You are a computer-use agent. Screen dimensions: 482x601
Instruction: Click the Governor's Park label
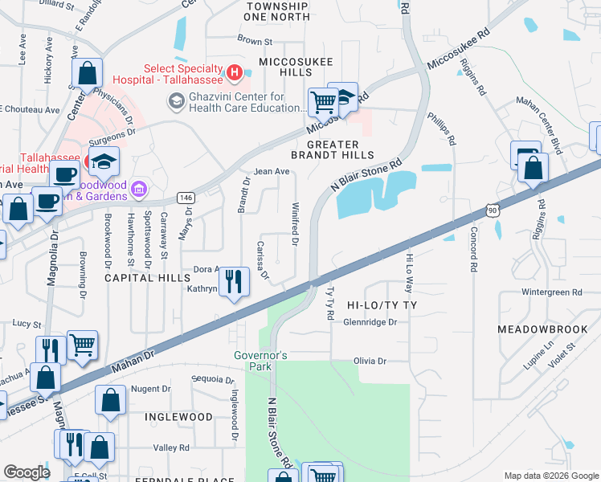coord(260,361)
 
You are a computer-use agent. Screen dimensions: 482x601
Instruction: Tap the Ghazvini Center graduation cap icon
coord(175,101)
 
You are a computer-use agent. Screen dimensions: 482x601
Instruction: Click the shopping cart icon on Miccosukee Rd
coord(323,102)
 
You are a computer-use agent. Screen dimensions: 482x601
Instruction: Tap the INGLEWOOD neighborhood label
coord(178,417)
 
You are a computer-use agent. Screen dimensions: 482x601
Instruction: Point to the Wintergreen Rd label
coord(551,292)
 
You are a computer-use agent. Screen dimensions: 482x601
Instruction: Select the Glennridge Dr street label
coord(370,322)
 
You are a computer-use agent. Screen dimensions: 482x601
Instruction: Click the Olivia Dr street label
coord(370,361)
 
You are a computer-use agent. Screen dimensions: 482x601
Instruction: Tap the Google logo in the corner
coord(27,472)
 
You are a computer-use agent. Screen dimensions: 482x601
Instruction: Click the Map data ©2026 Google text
coord(550,476)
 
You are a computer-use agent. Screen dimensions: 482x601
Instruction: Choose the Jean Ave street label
coord(271,171)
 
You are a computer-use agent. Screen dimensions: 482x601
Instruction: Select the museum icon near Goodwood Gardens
coord(140,190)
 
